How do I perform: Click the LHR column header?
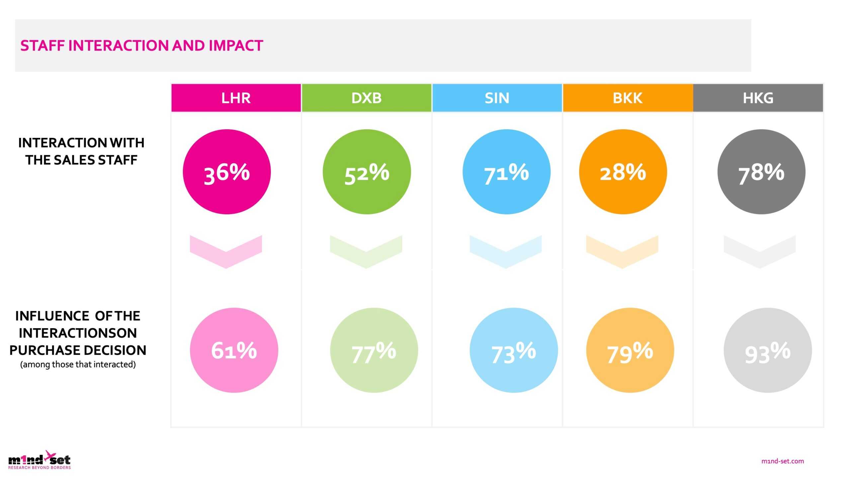236,98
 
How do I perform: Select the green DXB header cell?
366,98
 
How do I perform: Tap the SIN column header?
497,98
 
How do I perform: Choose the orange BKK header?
628,98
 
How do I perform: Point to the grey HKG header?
758,98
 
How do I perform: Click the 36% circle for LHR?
227,172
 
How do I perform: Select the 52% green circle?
367,172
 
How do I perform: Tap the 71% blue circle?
506,172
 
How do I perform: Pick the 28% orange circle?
623,172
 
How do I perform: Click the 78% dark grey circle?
761,172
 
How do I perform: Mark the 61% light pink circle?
234,350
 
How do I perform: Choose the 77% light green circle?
374,350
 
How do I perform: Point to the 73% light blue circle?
514,350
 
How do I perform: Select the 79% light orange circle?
630,350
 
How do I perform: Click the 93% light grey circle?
768,350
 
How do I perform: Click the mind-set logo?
40,460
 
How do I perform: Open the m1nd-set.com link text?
782,461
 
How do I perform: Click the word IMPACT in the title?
236,46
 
